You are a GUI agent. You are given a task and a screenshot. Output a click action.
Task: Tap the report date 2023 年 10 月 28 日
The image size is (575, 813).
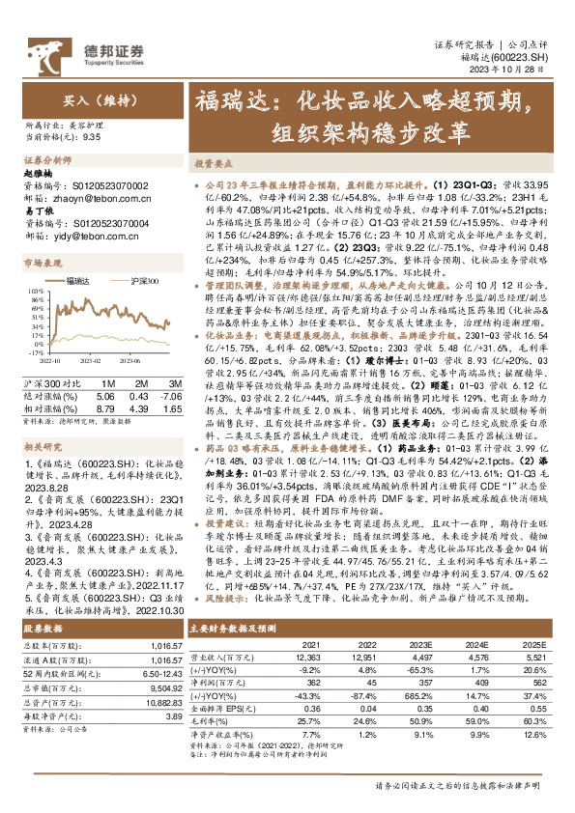pos(517,70)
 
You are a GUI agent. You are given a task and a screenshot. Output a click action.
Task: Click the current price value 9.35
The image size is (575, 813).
pos(93,137)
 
